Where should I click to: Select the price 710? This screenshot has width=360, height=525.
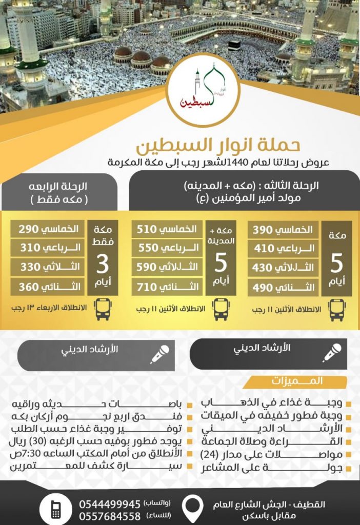coord(150,287)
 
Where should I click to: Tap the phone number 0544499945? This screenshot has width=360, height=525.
coord(110,504)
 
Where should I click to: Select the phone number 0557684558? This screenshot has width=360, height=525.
coord(110,516)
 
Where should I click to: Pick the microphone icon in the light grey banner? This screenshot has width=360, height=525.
coord(159,354)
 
